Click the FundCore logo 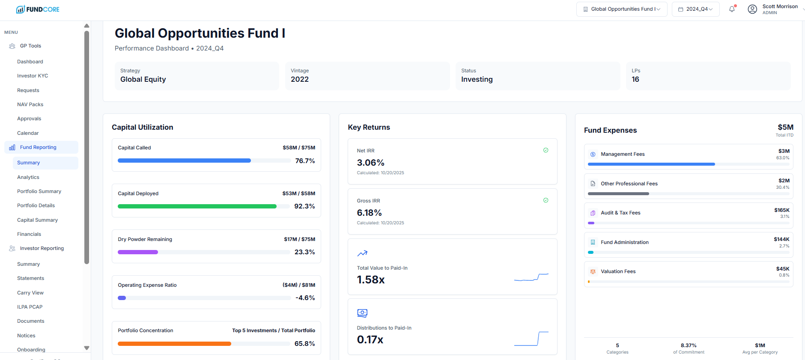pos(38,9)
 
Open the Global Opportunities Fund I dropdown pos(622,9)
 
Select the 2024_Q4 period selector pos(695,9)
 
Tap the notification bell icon pos(732,9)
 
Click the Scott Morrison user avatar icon pos(752,9)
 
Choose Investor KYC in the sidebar pos(33,76)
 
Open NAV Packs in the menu pos(30,104)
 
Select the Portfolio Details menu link pos(36,205)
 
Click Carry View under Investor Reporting pos(30,293)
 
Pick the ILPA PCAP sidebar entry pos(30,307)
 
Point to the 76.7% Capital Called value pos(305,161)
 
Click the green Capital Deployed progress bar pos(197,206)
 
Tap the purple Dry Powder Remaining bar pos(138,252)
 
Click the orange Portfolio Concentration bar pos(174,344)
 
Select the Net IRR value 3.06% pos(371,163)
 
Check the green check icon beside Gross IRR pos(546,200)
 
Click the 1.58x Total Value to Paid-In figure pos(371,280)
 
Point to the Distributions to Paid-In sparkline pos(531,338)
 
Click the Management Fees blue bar pos(651,164)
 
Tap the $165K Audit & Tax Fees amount pos(781,210)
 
